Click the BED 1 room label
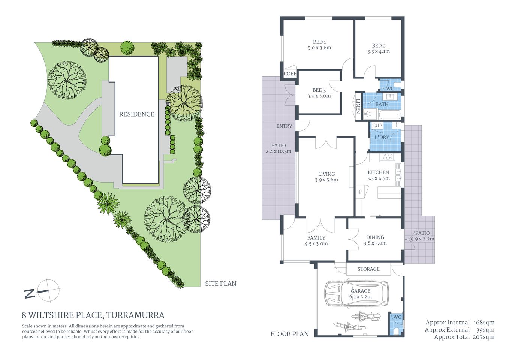coord(319,42)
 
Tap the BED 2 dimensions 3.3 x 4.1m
coord(379,52)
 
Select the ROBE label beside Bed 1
coord(290,74)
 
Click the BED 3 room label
coord(319,90)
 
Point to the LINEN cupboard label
coord(358,106)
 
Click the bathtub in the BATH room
coord(389,114)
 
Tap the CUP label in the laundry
coord(377,126)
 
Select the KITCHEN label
coord(378,172)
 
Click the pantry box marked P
coord(360,192)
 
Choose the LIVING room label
coord(326,174)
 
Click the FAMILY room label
coord(316,238)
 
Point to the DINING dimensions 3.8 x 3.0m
coord(375,243)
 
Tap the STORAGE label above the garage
coord(368,269)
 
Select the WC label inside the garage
coord(397,317)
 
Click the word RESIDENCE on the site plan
coord(136,114)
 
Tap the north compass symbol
coord(47,291)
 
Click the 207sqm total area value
coord(484,337)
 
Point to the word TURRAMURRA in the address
coord(135,315)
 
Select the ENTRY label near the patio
coord(284,126)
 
